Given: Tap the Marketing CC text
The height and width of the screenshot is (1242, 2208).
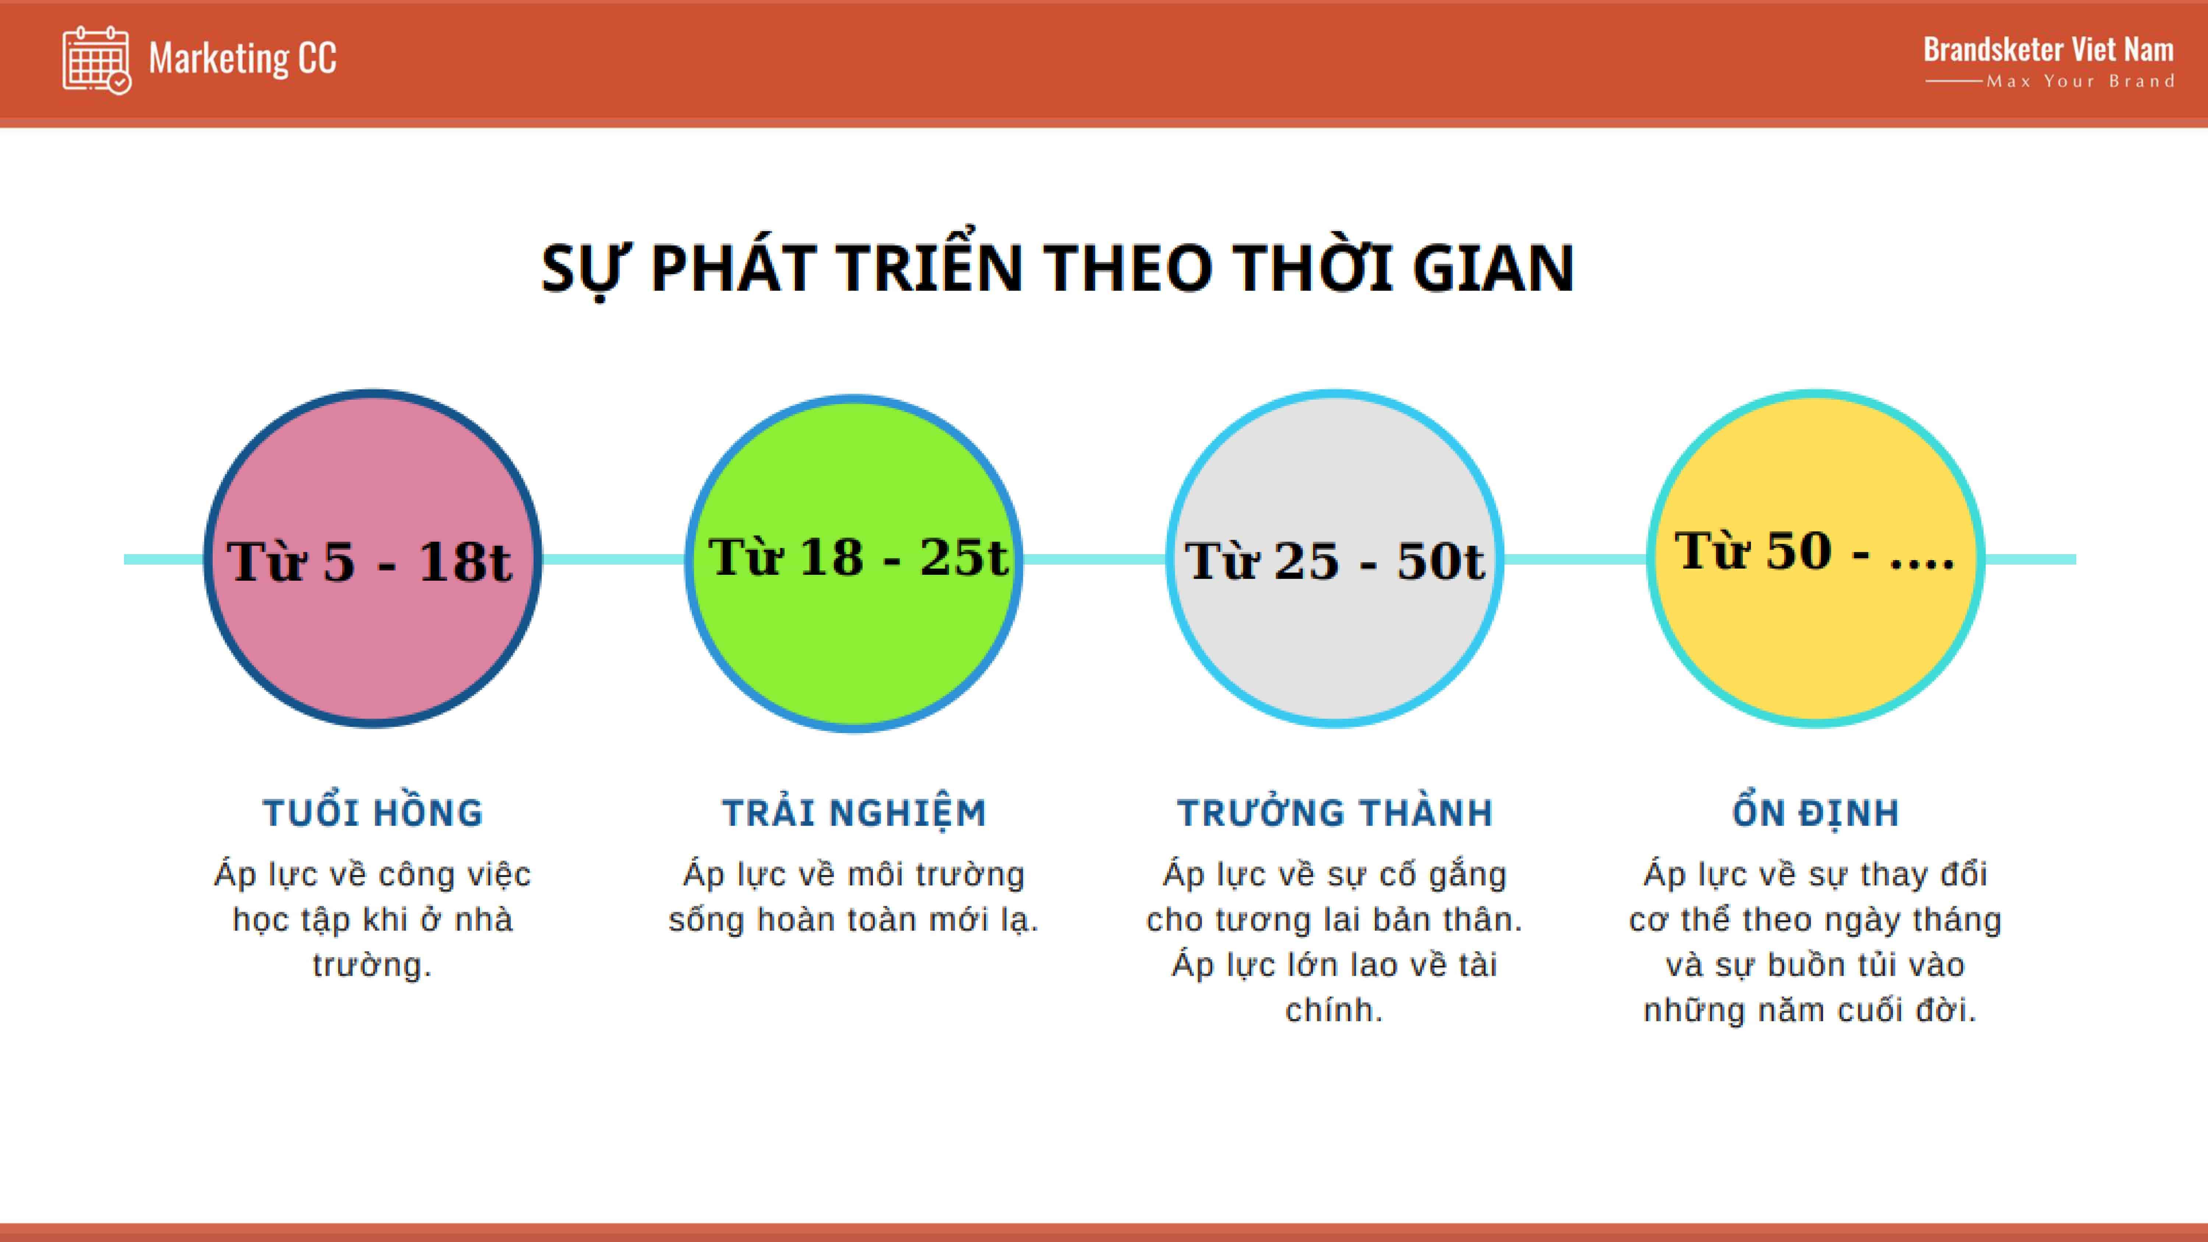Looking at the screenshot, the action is pyautogui.click(x=243, y=58).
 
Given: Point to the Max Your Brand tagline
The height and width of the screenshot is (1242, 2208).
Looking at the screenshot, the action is pyautogui.click(x=2080, y=81).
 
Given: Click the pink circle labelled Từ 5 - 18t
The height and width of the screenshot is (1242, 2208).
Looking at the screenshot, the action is pyautogui.click(x=373, y=559).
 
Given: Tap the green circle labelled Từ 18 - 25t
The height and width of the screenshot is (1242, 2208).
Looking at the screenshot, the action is pyautogui.click(x=854, y=563).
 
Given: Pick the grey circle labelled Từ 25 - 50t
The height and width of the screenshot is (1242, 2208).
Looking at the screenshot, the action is pyautogui.click(x=1335, y=559).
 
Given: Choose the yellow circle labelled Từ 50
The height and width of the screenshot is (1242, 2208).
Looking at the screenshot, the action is pyautogui.click(x=1815, y=559).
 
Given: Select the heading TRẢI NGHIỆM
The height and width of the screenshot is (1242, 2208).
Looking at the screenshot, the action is pyautogui.click(x=854, y=813).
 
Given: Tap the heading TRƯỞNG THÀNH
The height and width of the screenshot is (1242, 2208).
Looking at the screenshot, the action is pyautogui.click(x=1335, y=813).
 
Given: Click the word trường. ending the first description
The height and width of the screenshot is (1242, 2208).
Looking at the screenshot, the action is pyautogui.click(x=372, y=965).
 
